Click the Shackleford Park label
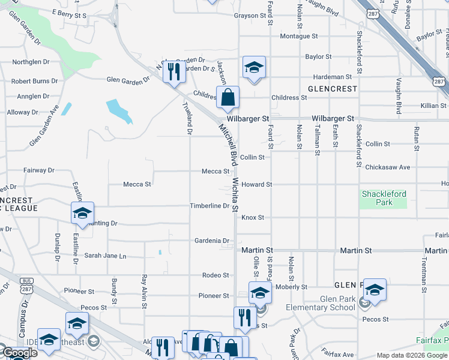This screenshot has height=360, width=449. point(384,198)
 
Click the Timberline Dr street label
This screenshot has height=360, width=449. point(210,206)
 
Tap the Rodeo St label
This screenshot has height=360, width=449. point(215,275)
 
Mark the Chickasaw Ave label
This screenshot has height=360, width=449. point(387,167)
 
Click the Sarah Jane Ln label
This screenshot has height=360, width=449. point(105,256)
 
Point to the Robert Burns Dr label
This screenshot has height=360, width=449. point(34,80)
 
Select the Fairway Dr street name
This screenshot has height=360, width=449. point(39,170)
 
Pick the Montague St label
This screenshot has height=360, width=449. point(298,37)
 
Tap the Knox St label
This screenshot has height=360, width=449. point(253,217)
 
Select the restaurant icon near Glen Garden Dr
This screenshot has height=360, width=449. point(173,72)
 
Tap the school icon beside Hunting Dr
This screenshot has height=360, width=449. point(82,213)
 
